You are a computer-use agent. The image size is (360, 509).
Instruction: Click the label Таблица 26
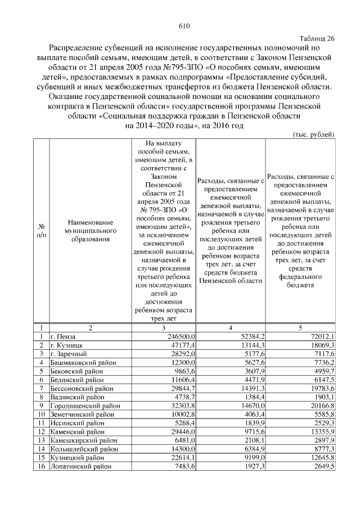click(317, 38)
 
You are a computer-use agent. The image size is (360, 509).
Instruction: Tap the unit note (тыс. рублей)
click(314, 134)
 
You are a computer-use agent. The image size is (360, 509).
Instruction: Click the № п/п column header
click(41, 231)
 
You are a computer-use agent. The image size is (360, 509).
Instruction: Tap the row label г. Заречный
click(68, 353)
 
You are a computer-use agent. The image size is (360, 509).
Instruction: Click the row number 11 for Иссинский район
click(41, 423)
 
